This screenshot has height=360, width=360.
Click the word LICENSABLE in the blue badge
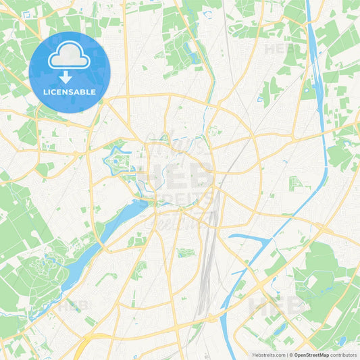[x=70, y=91]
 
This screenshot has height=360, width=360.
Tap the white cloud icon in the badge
[x=69, y=57]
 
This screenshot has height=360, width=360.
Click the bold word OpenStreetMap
[x=310, y=354]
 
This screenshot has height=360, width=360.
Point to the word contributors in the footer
[x=344, y=354]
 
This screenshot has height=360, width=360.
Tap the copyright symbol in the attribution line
[x=290, y=354]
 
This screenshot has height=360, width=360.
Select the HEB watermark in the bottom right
[x=277, y=307]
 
